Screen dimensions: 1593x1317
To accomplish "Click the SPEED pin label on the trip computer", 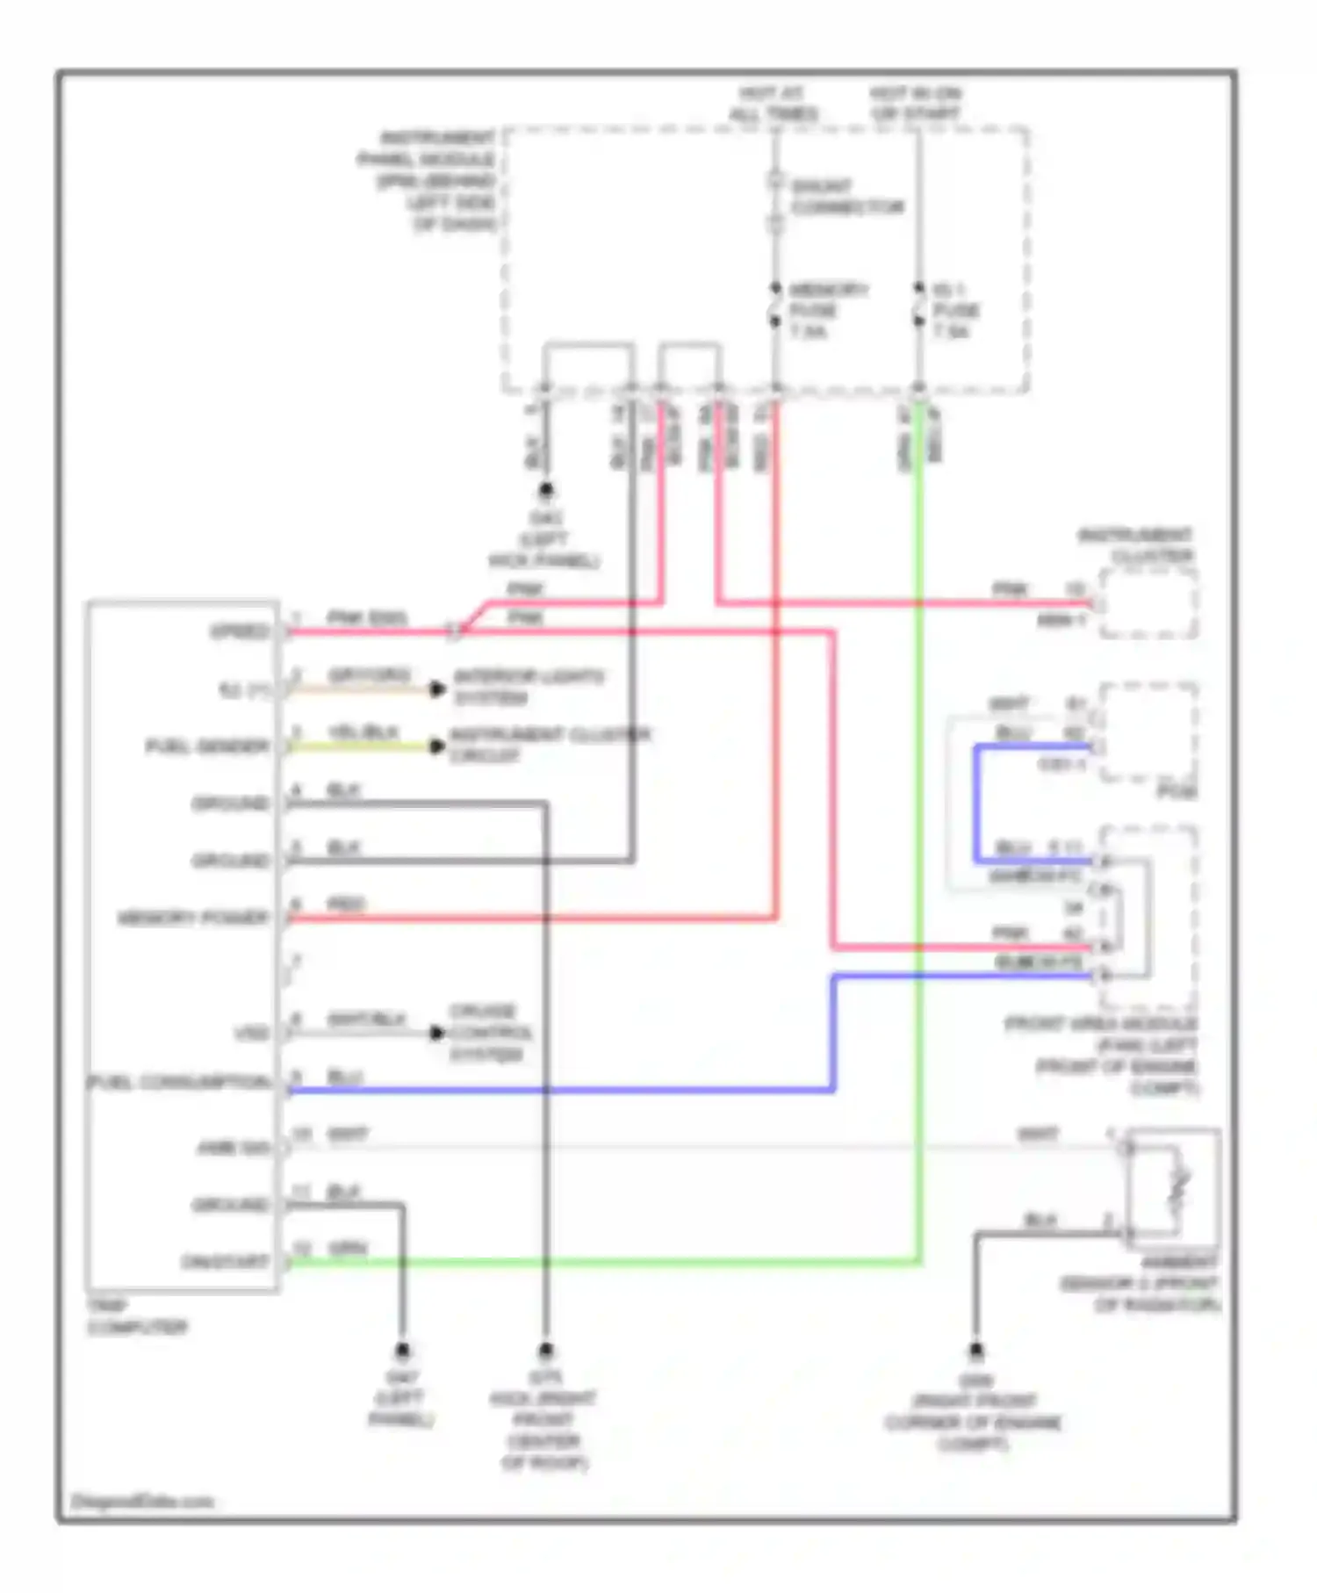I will [x=239, y=631].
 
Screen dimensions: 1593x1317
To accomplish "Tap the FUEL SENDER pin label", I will [x=207, y=746].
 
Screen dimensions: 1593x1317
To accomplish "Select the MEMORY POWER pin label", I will [x=193, y=919].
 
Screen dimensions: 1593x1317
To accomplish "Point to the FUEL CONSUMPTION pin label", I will [x=180, y=1082].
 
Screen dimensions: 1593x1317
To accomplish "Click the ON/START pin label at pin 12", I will [x=224, y=1262].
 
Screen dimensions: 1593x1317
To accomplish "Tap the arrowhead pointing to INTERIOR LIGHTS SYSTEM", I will [x=436, y=688].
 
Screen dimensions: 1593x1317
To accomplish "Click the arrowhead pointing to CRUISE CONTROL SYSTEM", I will [x=436, y=1033].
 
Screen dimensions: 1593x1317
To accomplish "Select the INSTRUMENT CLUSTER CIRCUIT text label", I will [x=549, y=745].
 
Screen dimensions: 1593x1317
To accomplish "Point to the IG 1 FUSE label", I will [x=954, y=310].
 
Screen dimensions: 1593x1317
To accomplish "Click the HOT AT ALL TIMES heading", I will [x=773, y=104].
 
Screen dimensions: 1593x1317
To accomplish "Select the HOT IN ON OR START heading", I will [x=916, y=104].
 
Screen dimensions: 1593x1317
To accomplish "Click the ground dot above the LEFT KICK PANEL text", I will [x=546, y=490].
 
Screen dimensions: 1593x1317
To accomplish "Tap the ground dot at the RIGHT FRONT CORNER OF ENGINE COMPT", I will [x=975, y=1350].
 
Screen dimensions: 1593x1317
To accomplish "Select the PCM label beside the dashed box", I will [x=1177, y=792].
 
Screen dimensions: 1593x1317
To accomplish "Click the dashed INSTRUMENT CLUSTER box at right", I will [x=1148, y=603].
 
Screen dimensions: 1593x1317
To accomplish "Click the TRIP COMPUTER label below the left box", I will [x=136, y=1315].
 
